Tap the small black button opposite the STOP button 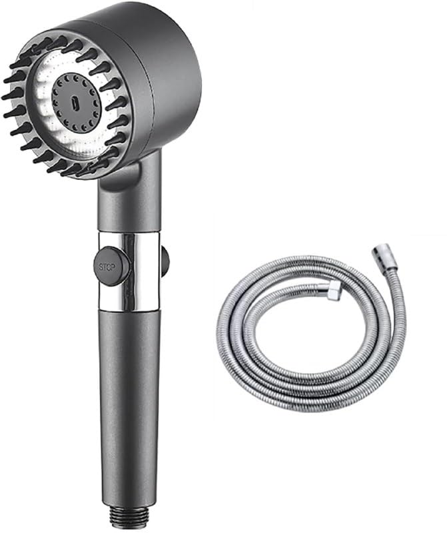pyautogui.click(x=165, y=261)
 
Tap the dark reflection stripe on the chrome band pyautogui.click(x=151, y=273)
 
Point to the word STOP pyautogui.click(x=107, y=267)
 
